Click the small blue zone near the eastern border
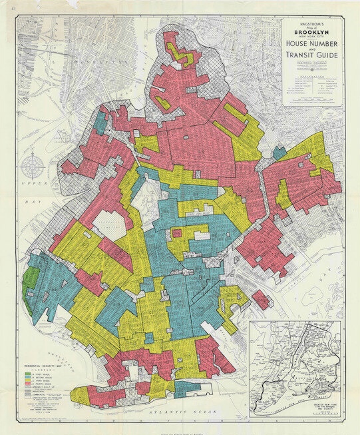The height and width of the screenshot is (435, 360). click(x=279, y=153)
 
